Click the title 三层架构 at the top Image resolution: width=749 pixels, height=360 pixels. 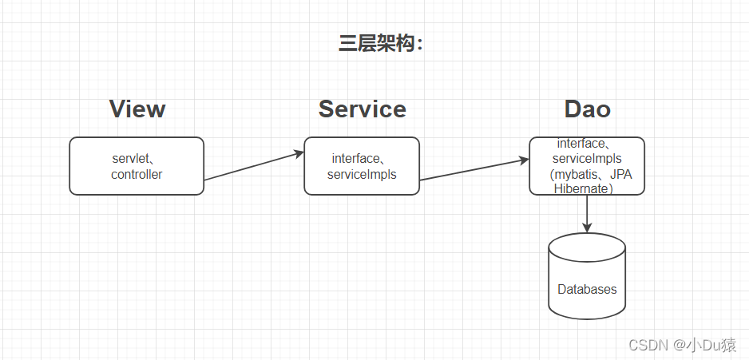coord(380,44)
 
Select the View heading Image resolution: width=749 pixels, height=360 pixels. coord(137,109)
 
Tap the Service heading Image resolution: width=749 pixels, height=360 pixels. coord(362,109)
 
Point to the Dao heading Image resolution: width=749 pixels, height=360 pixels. coord(587,109)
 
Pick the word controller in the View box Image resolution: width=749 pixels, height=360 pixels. coord(137,174)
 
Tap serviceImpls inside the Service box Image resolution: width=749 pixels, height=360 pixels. coord(362,174)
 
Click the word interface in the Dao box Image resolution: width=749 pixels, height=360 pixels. coord(581,144)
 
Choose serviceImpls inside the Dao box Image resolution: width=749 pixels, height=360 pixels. coord(587,159)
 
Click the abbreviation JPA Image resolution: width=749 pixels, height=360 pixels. coord(620,174)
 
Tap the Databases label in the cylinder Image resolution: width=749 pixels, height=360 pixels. coord(587,289)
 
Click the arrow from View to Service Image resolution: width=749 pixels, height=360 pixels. coord(254,165)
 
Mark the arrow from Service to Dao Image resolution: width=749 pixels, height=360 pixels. coord(474,169)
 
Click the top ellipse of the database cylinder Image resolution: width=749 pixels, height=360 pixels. coord(587,243)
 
